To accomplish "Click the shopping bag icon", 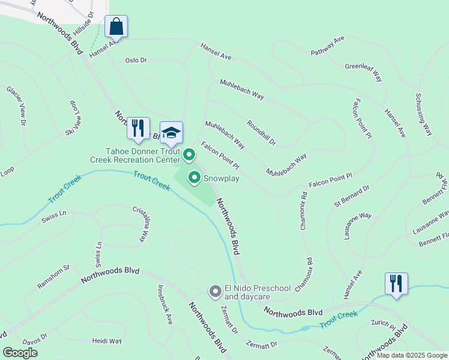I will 116,26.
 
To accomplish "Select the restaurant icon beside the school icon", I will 139,128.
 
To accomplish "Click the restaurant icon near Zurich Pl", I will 396,283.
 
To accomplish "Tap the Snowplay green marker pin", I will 194,177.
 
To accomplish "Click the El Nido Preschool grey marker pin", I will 215,292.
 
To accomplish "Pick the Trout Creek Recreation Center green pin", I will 189,155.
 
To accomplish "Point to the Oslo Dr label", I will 136,60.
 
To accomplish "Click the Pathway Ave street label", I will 327,46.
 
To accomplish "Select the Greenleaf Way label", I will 364,73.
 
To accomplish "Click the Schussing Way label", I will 424,114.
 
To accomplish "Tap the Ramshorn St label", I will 54,277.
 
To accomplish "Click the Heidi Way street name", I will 107,341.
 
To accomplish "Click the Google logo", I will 20,353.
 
